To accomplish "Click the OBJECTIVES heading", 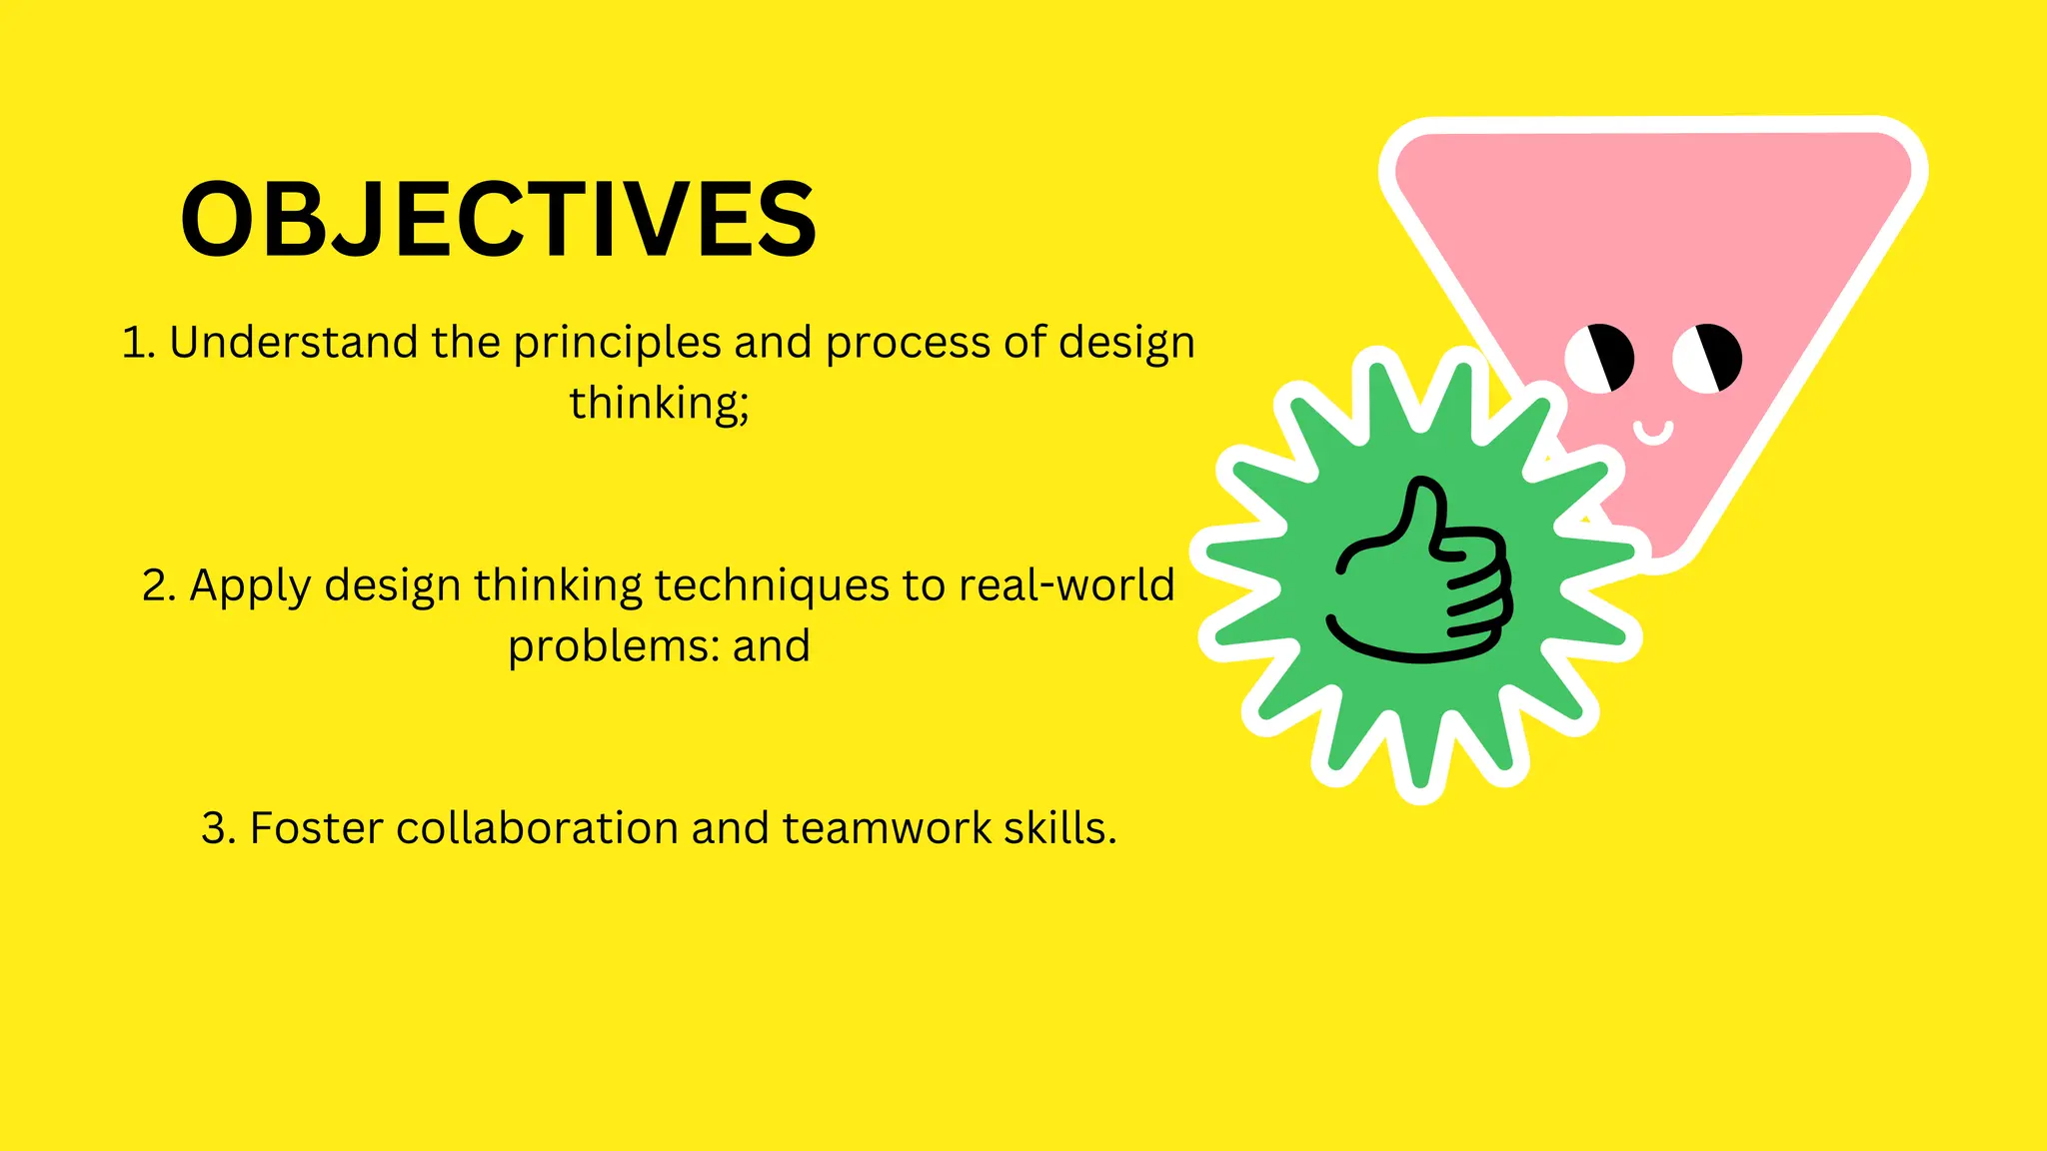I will (x=498, y=220).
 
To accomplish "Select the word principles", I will (x=617, y=343).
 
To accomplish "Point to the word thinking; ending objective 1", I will (x=659, y=404).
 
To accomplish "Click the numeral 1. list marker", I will (x=138, y=343).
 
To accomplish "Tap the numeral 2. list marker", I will (x=159, y=585).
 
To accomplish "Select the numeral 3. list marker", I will (x=218, y=828).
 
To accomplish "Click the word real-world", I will (x=1066, y=585).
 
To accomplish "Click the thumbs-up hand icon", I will (x=1421, y=574).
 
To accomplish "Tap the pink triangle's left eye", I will (x=1599, y=358).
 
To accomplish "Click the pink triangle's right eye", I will (x=1707, y=358).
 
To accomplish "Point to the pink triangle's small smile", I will (x=1653, y=433).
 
